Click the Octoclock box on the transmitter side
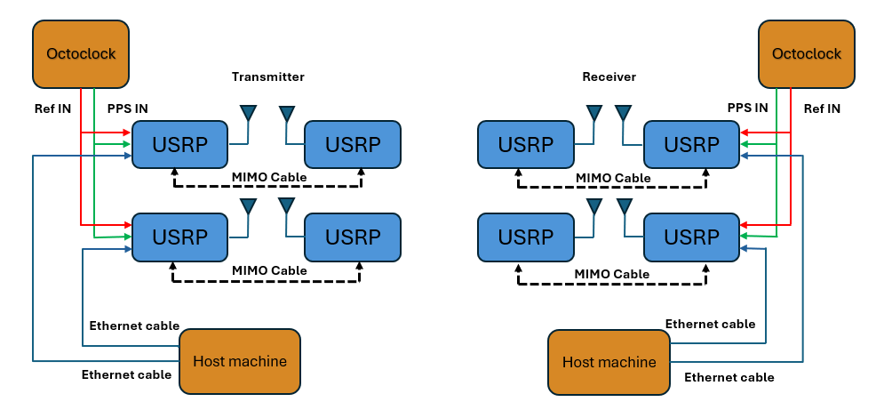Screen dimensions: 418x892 [x=81, y=53]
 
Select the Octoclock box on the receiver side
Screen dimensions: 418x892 [x=806, y=53]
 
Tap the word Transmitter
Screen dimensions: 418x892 [x=268, y=77]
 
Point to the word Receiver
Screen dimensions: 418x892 [x=609, y=77]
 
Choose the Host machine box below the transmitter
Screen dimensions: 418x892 [x=240, y=361]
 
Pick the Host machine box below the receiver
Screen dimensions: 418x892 [x=609, y=362]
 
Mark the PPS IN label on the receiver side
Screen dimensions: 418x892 [x=748, y=109]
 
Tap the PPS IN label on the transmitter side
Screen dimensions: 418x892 [x=127, y=109]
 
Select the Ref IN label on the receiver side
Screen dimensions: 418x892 [x=821, y=109]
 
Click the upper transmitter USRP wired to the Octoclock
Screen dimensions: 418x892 [x=179, y=144]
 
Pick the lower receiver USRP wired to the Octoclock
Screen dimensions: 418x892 [x=691, y=237]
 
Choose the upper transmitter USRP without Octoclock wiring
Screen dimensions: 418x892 [x=353, y=144]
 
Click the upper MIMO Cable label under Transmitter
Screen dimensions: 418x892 [x=269, y=177]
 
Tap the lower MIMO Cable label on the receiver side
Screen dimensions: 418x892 [x=613, y=274]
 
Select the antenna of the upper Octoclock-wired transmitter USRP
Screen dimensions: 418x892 [x=248, y=115]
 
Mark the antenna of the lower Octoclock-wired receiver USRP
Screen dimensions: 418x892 [x=624, y=207]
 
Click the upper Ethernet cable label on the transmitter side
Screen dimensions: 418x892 [x=134, y=326]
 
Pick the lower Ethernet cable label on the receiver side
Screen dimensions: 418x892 [x=729, y=377]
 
